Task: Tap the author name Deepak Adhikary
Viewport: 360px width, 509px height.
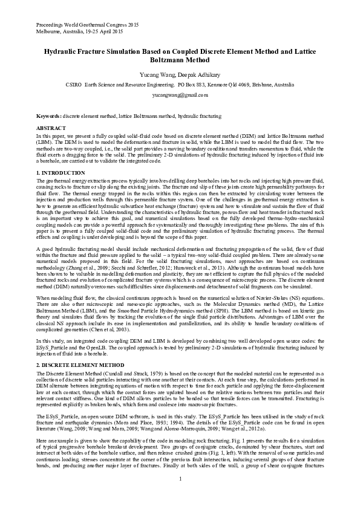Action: (194, 75)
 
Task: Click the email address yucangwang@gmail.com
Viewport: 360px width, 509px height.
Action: (180, 95)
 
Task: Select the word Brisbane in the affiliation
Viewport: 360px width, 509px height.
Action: (263, 85)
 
